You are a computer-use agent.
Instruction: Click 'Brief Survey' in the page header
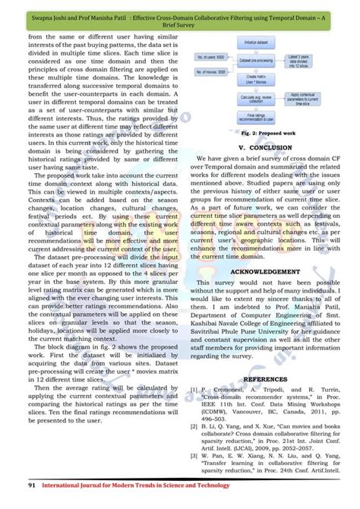[x=179, y=24]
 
